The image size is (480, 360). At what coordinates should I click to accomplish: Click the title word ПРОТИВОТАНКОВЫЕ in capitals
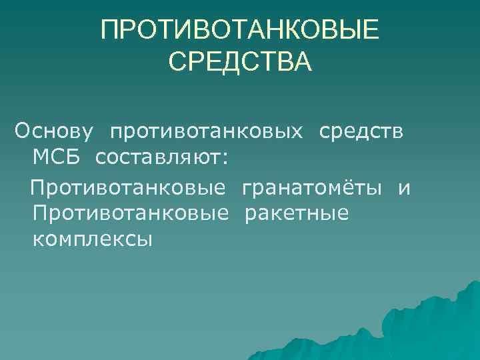pos(239,29)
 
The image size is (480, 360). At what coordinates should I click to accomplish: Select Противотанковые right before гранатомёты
pos(128,189)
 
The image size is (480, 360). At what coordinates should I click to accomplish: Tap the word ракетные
pos(297,214)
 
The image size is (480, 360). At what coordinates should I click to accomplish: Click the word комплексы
pos(91,239)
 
